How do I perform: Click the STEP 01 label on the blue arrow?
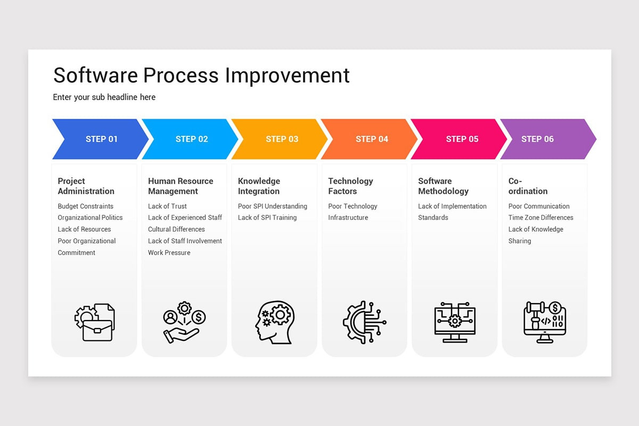102,139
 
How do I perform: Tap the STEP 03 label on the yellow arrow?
282,139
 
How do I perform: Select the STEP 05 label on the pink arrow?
462,139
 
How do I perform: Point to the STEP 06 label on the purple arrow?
537,139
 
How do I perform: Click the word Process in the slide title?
181,75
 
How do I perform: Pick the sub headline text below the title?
104,97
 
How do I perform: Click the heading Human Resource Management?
181,186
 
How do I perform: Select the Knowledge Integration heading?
259,186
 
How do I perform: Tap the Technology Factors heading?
350,186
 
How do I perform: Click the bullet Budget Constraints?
85,206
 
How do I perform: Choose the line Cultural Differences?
176,229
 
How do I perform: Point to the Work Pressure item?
169,252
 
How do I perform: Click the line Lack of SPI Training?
267,217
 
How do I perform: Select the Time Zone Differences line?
540,217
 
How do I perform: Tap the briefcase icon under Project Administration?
97,330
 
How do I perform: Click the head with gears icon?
275,322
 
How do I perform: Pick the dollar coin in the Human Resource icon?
199,317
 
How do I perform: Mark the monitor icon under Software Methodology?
455,322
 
